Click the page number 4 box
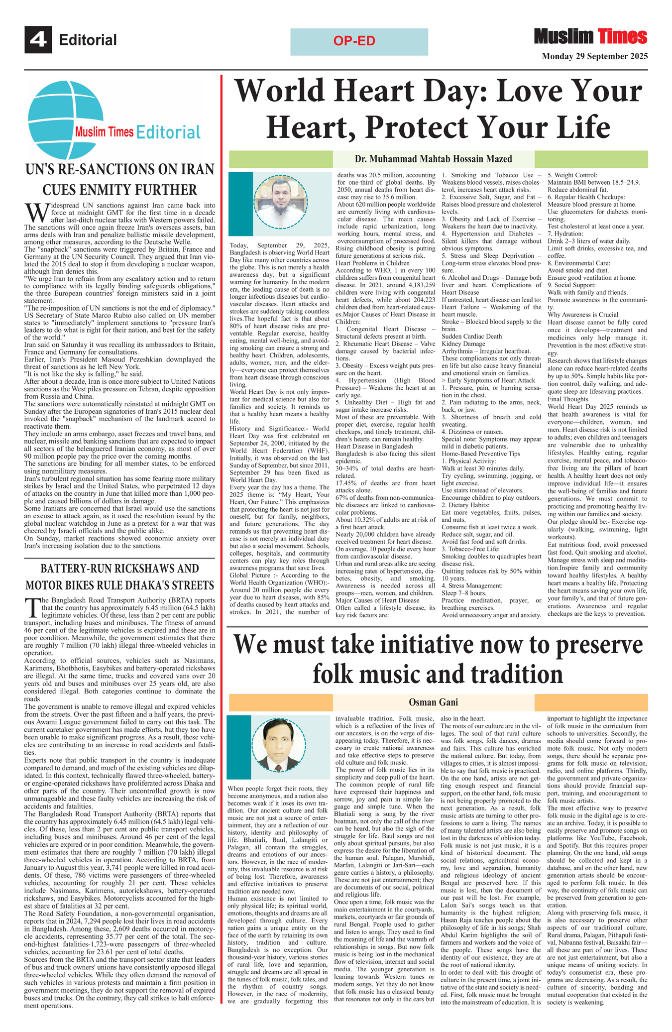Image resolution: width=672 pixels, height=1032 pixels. tap(38, 40)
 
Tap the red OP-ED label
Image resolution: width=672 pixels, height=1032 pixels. tap(354, 41)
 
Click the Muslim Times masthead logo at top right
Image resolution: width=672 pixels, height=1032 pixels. tap(590, 37)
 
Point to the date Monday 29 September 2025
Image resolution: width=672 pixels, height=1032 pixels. tap(594, 56)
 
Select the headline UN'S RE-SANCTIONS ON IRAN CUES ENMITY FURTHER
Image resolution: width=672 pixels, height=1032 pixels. tap(119, 180)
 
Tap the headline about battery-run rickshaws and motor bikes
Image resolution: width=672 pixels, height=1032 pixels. tap(119, 576)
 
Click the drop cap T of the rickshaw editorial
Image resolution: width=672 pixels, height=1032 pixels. tap(32, 607)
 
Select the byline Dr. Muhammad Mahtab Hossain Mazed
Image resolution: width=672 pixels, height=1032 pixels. tap(433, 159)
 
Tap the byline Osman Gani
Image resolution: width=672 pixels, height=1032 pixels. tap(433, 702)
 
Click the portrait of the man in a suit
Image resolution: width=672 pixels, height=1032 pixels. tap(278, 746)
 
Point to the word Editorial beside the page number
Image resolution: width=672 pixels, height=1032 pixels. tap(88, 40)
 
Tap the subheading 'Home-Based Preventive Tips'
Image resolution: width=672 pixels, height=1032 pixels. tap(480, 454)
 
